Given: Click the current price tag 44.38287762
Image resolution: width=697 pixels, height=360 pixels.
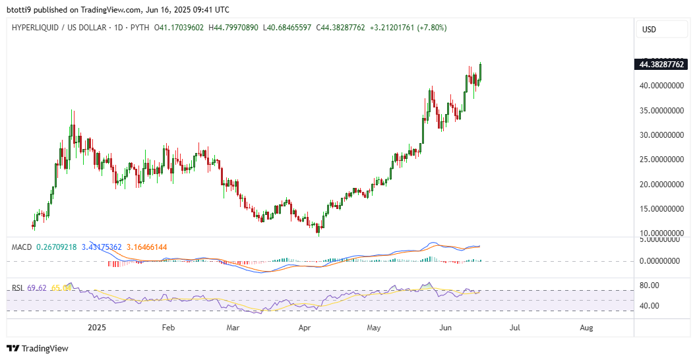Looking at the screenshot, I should pos(661,65).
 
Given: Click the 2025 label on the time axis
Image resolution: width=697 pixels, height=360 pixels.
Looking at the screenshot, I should pos(97,327).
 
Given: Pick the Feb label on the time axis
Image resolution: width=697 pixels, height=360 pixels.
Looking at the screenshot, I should pos(168,327).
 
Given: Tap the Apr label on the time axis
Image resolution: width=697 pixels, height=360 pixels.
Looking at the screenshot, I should pos(305,327).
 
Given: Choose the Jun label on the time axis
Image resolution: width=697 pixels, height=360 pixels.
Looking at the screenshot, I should pos(446,327).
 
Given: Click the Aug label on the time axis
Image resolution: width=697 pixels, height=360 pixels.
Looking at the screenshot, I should pos(585,327).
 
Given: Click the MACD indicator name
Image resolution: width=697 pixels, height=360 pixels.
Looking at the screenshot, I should pos(22,247).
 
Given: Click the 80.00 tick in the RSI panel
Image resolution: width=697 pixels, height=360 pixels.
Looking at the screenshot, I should pos(650,285).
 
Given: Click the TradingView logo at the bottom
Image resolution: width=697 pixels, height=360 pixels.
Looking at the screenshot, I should pos(38,348).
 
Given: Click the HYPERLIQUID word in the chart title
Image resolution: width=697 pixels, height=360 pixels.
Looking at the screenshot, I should pos(35,28).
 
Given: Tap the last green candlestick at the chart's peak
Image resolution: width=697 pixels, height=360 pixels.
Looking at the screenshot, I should pos(481,71).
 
